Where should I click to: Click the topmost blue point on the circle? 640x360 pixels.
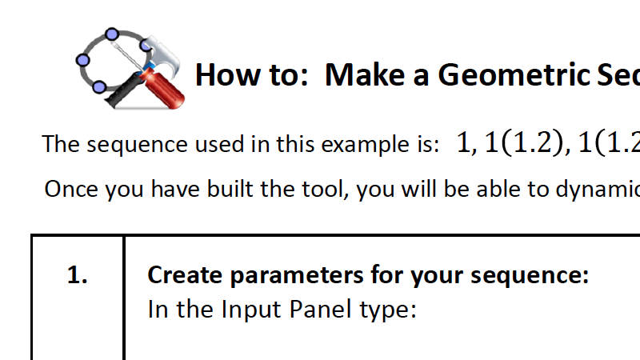(110, 35)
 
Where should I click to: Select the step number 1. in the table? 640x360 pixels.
(77, 276)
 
